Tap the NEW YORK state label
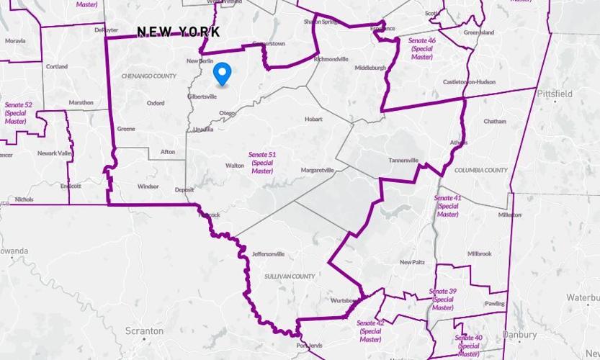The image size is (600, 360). [178, 32]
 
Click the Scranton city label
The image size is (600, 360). [144, 331]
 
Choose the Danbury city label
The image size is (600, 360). [519, 335]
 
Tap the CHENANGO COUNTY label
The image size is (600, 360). [149, 76]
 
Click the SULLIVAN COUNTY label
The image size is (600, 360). [290, 276]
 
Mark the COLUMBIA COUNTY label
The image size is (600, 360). [481, 171]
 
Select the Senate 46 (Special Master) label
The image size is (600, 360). [422, 48]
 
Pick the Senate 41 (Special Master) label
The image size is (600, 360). [447, 206]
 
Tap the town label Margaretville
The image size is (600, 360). [317, 171]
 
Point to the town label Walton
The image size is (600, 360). [235, 166]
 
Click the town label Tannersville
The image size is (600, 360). [403, 160]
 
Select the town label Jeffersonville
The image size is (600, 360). [269, 254]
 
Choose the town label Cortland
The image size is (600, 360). [57, 67]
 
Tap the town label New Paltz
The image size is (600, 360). [412, 262]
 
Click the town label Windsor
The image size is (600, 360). [148, 186]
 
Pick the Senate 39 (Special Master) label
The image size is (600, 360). [442, 299]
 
